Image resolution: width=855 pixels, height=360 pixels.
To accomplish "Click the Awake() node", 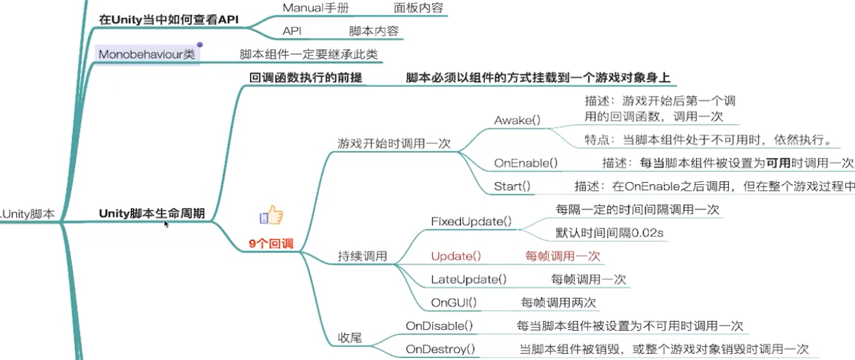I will tap(517, 120).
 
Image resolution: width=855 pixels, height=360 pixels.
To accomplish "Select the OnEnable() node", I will tap(526, 163).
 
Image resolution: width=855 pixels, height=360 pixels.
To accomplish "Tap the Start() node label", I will tap(512, 185).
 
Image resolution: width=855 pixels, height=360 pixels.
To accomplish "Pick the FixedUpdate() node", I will tap(471, 222).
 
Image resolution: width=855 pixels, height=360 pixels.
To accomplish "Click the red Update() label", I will tap(456, 256).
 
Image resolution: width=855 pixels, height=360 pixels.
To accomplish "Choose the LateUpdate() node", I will tap(468, 279).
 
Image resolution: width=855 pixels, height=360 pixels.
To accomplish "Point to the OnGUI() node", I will tap(453, 302).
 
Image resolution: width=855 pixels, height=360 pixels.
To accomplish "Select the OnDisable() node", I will tap(439, 326).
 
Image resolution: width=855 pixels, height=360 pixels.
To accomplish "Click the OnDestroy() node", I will tap(440, 350).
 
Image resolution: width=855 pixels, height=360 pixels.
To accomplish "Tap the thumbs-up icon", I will tap(271, 216).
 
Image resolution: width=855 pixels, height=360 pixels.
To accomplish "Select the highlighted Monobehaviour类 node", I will tap(147, 54).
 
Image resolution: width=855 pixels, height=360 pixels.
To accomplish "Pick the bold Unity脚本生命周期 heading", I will tap(151, 213).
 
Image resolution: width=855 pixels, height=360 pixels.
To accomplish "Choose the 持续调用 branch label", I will tap(362, 256).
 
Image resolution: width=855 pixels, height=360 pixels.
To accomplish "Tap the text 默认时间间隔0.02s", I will tap(610, 233).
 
